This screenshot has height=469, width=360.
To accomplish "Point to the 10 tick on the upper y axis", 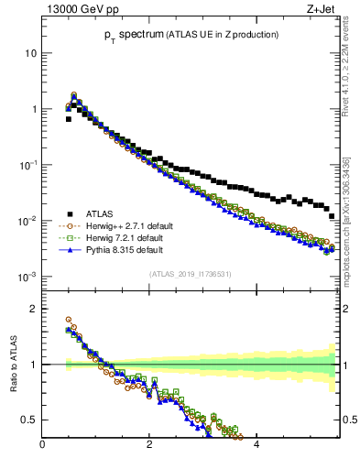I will (30, 53).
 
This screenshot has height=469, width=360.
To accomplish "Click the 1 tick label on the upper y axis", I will (33, 109).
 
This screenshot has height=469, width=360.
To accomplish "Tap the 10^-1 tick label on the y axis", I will (28, 165).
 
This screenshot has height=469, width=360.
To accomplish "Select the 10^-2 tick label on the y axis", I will (28, 221).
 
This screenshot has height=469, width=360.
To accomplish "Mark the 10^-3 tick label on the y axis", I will (28, 277).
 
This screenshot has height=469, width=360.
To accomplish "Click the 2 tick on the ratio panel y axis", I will (33, 309).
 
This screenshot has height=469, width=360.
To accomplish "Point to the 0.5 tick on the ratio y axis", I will (28, 420).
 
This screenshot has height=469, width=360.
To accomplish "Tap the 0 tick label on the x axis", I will (42, 446).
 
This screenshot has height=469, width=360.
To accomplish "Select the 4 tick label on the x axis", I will (256, 446).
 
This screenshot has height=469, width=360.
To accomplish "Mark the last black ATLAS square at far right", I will (332, 243).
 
